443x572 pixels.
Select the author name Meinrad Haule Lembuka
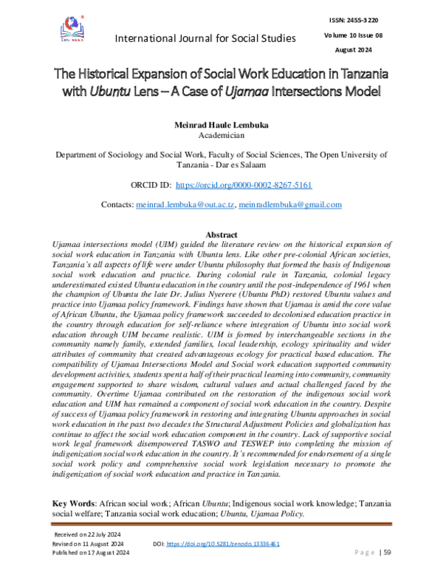[221, 125]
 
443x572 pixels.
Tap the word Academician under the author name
[221, 136]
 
